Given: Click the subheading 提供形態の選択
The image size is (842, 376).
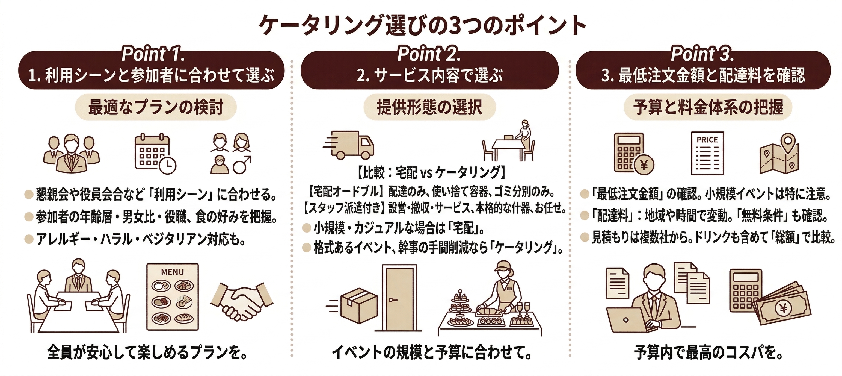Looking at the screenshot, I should point(429,107).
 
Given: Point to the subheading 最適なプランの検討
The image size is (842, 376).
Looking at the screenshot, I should point(156,107).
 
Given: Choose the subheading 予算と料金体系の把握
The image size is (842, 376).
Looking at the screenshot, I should point(708,107).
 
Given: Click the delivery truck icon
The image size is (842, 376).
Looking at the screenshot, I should point(349,145).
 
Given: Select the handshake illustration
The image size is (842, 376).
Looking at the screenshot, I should point(242,300).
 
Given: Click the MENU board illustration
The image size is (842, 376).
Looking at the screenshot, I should point(172,296).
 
